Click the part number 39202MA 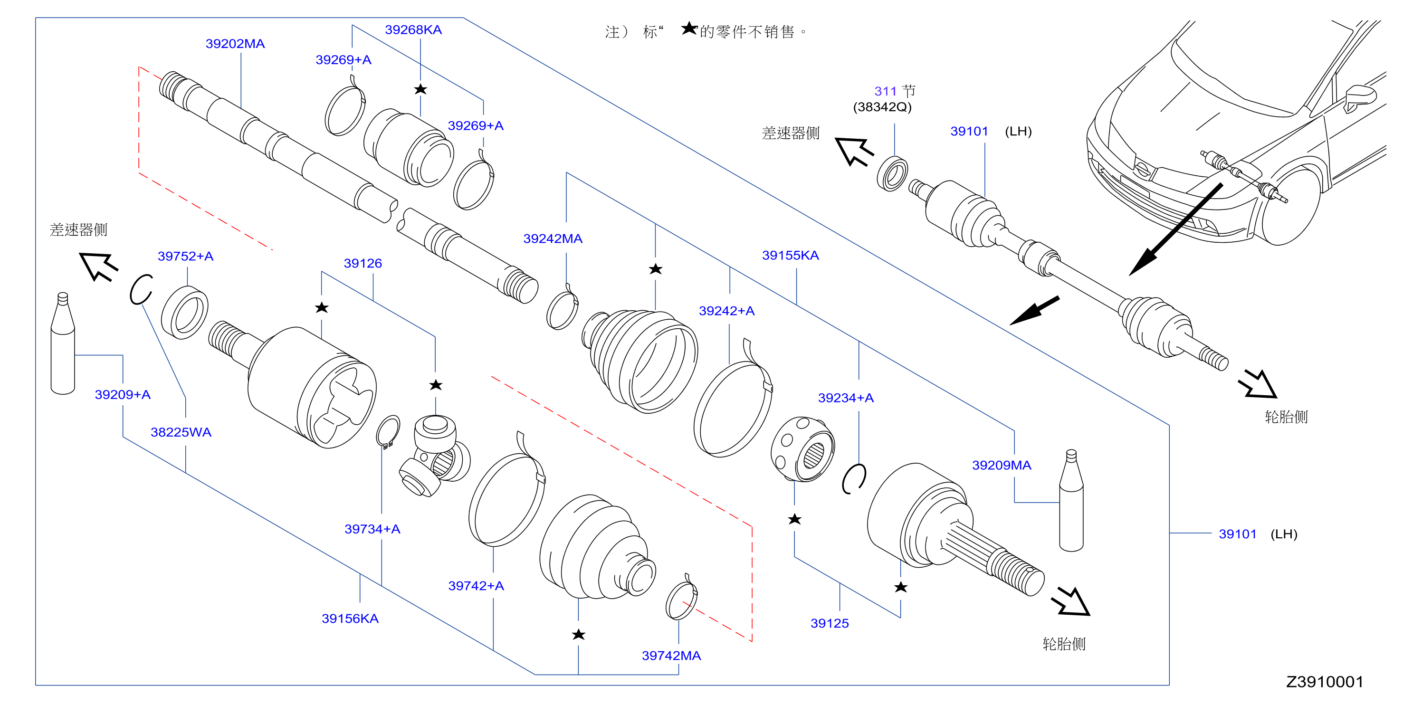click(235, 44)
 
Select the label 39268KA click(413, 30)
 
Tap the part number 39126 click(363, 263)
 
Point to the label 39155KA click(791, 255)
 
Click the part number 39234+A click(846, 398)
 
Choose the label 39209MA click(1002, 466)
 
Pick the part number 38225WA click(181, 432)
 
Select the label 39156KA click(350, 619)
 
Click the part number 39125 click(830, 624)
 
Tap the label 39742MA click(671, 656)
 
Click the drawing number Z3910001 click(1325, 682)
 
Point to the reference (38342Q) click(882, 107)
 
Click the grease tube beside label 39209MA click(1071, 500)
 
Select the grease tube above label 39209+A click(62, 343)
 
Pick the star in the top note click(689, 28)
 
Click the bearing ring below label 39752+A click(184, 313)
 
